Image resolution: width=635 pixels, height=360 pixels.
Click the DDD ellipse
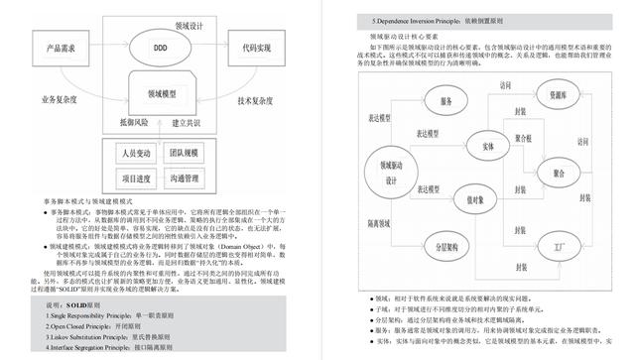point(161,47)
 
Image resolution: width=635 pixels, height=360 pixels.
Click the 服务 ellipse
point(445,102)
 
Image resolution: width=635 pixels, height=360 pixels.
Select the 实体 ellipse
point(487,147)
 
